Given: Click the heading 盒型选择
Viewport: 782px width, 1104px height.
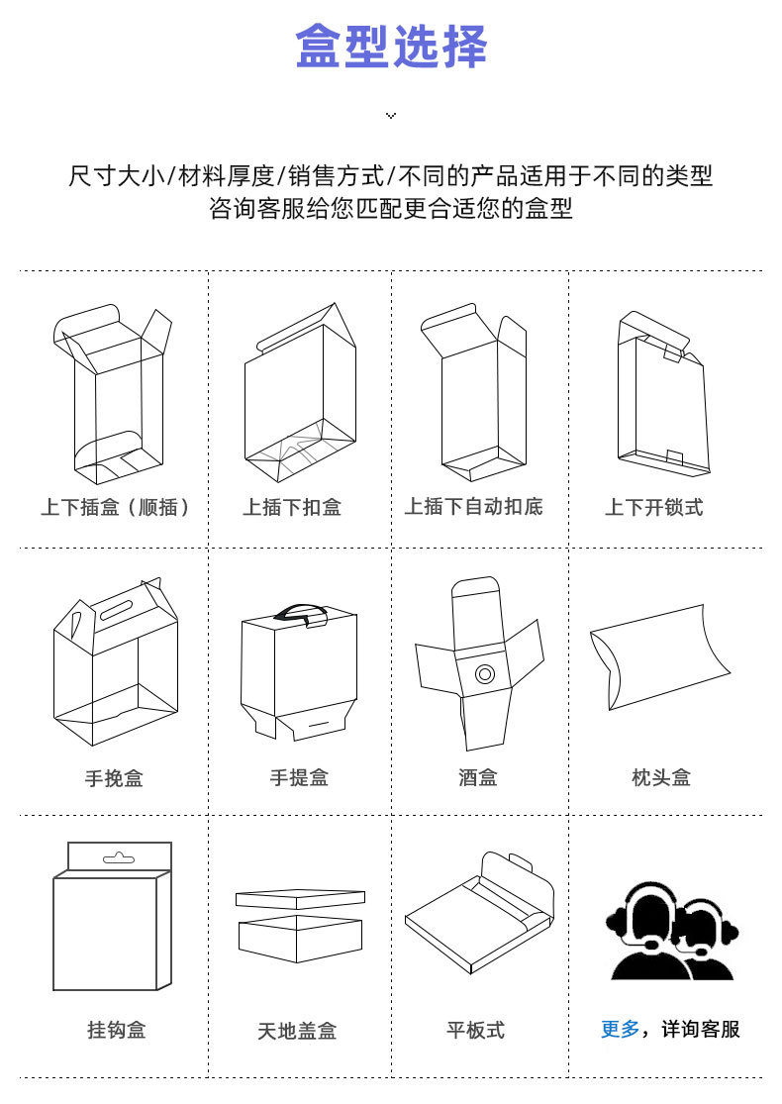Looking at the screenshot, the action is click(x=391, y=47).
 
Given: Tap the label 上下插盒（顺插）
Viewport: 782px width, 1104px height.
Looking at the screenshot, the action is click(x=115, y=507).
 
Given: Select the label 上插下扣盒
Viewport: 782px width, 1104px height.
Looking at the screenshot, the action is click(x=292, y=507).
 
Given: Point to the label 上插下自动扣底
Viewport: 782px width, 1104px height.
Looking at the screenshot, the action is click(x=474, y=506).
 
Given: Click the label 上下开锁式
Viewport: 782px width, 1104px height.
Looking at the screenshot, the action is click(x=654, y=507).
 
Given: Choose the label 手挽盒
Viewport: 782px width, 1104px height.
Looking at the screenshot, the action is click(x=114, y=778).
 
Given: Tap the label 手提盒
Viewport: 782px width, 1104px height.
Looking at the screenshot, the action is click(x=299, y=777).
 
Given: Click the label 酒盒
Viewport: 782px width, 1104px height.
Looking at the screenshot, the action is click(x=478, y=777).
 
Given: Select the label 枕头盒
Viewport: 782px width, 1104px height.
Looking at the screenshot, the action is click(x=661, y=777).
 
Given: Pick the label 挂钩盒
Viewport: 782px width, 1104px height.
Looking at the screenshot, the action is click(x=116, y=1030).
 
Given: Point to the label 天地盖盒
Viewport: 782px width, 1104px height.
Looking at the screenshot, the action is click(x=297, y=1031).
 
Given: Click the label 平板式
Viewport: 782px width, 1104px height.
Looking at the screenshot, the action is click(x=476, y=1030).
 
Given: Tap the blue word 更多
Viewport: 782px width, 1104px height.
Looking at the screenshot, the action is click(x=620, y=1030).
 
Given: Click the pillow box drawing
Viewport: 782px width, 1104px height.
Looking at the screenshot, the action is click(x=659, y=656).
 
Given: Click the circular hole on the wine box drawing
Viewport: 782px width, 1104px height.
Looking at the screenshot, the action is click(x=484, y=674).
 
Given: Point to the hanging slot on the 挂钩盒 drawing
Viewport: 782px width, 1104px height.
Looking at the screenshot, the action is click(x=118, y=858).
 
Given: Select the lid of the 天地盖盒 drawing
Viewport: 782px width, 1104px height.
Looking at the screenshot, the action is click(x=301, y=898).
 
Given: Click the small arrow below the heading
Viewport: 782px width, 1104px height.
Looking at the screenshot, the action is click(x=391, y=115).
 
